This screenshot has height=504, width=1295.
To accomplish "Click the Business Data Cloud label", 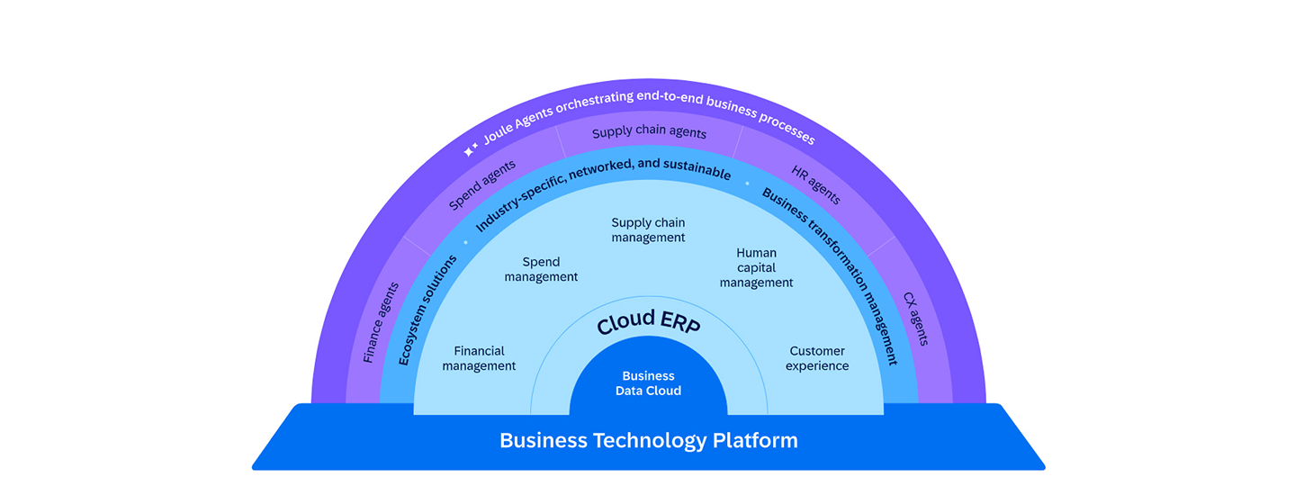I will pyautogui.click(x=648, y=383).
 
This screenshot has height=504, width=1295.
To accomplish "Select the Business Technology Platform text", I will pyautogui.click(x=648, y=441).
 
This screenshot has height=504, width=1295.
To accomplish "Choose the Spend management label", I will pyautogui.click(x=541, y=270).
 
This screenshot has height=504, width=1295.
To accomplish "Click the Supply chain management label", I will pyautogui.click(x=648, y=230).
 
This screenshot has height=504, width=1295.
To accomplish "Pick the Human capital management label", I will pyautogui.click(x=756, y=268).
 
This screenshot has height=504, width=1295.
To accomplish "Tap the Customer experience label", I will pyautogui.click(x=817, y=358).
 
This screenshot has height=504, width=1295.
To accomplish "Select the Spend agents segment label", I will pyautogui.click(x=482, y=184).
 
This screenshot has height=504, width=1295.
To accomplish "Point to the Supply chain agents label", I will pyautogui.click(x=649, y=133).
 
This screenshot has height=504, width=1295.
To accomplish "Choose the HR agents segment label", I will pyautogui.click(x=815, y=184).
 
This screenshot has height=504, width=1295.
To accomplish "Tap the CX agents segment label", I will pyautogui.click(x=915, y=319).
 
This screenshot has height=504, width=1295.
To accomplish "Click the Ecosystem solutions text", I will pyautogui.click(x=427, y=309).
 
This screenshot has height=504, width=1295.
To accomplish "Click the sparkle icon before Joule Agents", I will pyautogui.click(x=470, y=150).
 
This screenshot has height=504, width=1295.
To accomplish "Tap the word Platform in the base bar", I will pyautogui.click(x=755, y=441).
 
